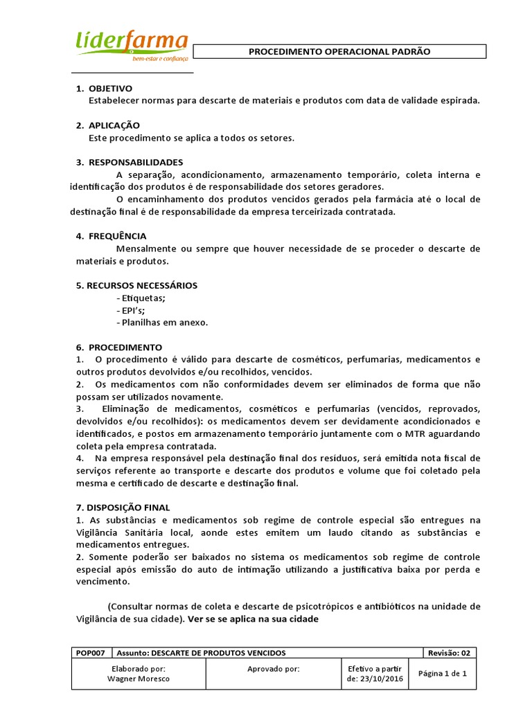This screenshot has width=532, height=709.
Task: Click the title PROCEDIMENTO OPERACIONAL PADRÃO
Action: (x=339, y=52)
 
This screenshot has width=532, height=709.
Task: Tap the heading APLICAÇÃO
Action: (x=114, y=125)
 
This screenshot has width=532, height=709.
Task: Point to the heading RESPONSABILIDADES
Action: (x=136, y=162)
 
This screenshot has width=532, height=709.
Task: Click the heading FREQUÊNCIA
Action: (x=117, y=236)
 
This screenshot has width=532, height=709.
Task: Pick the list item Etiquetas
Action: (x=143, y=298)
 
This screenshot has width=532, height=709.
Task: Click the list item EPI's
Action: (x=134, y=310)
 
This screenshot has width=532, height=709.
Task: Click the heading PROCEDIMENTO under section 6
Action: (x=125, y=347)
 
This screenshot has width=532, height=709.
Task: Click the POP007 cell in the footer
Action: (x=91, y=653)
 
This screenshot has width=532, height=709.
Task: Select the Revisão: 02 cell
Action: (x=449, y=653)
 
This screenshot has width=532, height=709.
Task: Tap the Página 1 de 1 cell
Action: (x=443, y=674)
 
